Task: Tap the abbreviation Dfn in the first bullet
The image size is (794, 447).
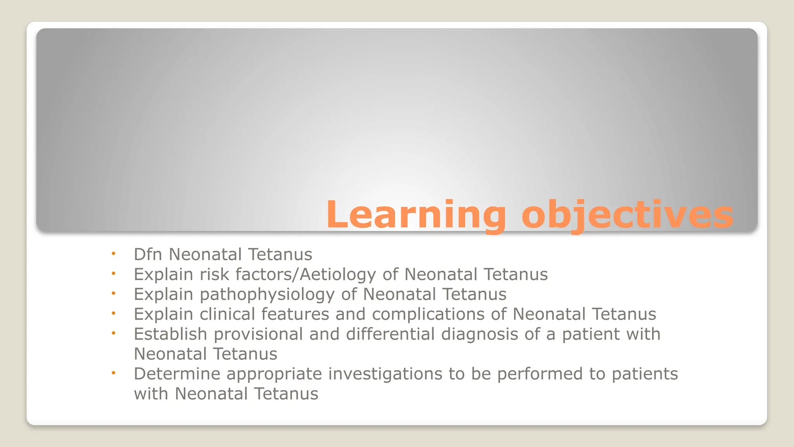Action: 148,255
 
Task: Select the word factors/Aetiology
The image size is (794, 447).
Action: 306,275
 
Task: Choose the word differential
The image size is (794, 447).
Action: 390,334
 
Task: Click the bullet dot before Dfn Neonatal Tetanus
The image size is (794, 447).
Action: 114,254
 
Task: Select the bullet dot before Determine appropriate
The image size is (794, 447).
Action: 114,373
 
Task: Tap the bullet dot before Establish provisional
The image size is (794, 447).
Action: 114,333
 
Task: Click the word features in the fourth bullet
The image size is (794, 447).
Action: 295,314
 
